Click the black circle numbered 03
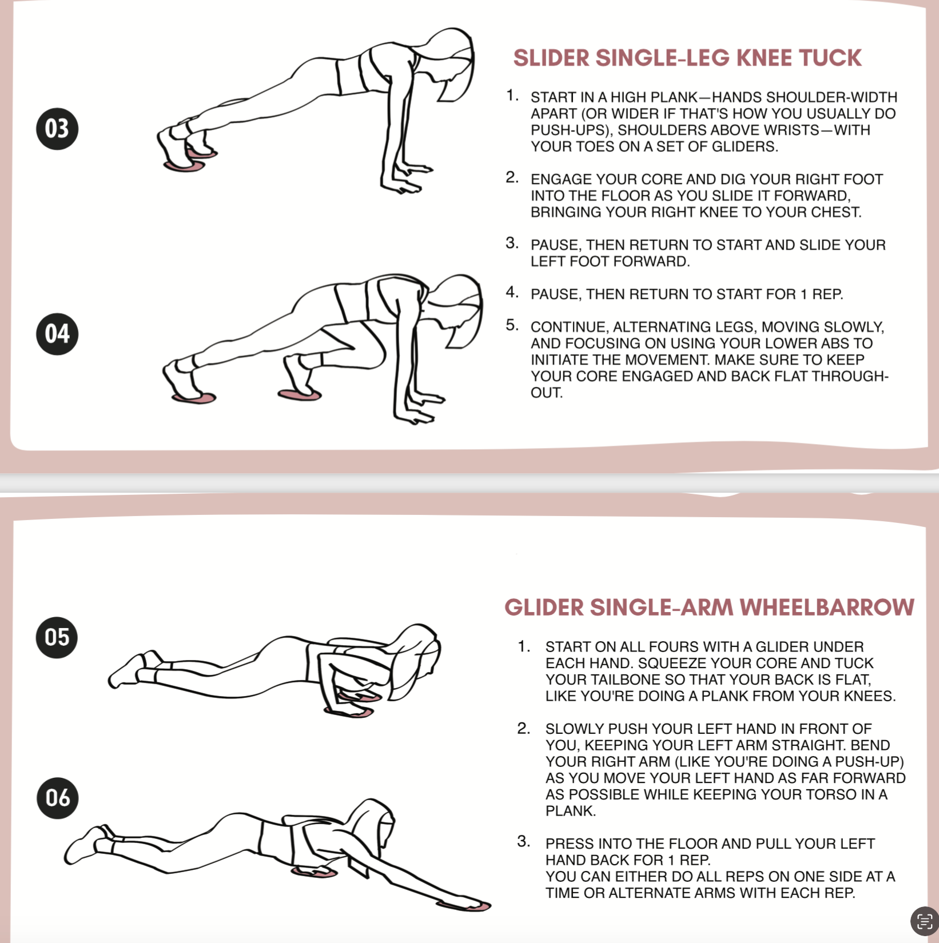(x=57, y=129)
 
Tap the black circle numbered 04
(x=57, y=334)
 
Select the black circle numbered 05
(x=57, y=637)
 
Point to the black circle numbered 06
(x=57, y=798)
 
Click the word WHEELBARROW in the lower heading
(x=827, y=607)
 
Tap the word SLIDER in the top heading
(x=551, y=58)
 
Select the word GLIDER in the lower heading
(x=544, y=607)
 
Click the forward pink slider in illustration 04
(x=300, y=394)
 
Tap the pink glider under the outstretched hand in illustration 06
(x=464, y=905)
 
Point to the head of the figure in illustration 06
(x=372, y=829)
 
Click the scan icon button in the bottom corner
(x=924, y=921)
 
